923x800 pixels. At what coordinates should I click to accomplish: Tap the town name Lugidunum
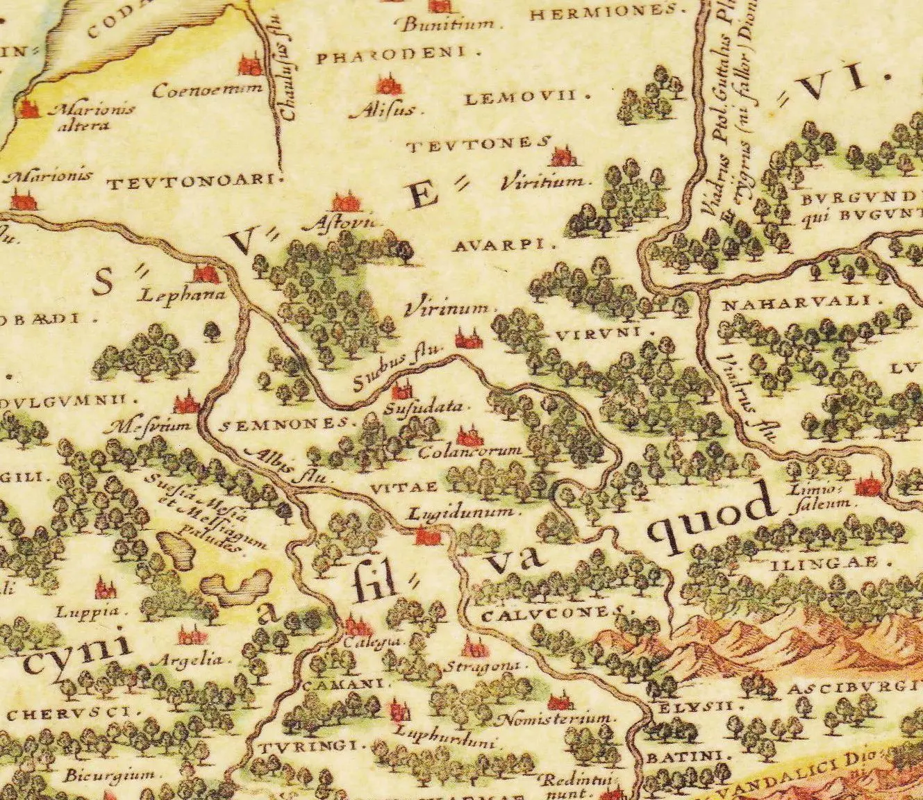pyautogui.click(x=462, y=512)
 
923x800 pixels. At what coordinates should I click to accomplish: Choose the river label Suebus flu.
pyautogui.click(x=397, y=368)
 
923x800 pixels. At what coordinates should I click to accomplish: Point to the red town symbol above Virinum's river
pyautogui.click(x=465, y=338)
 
